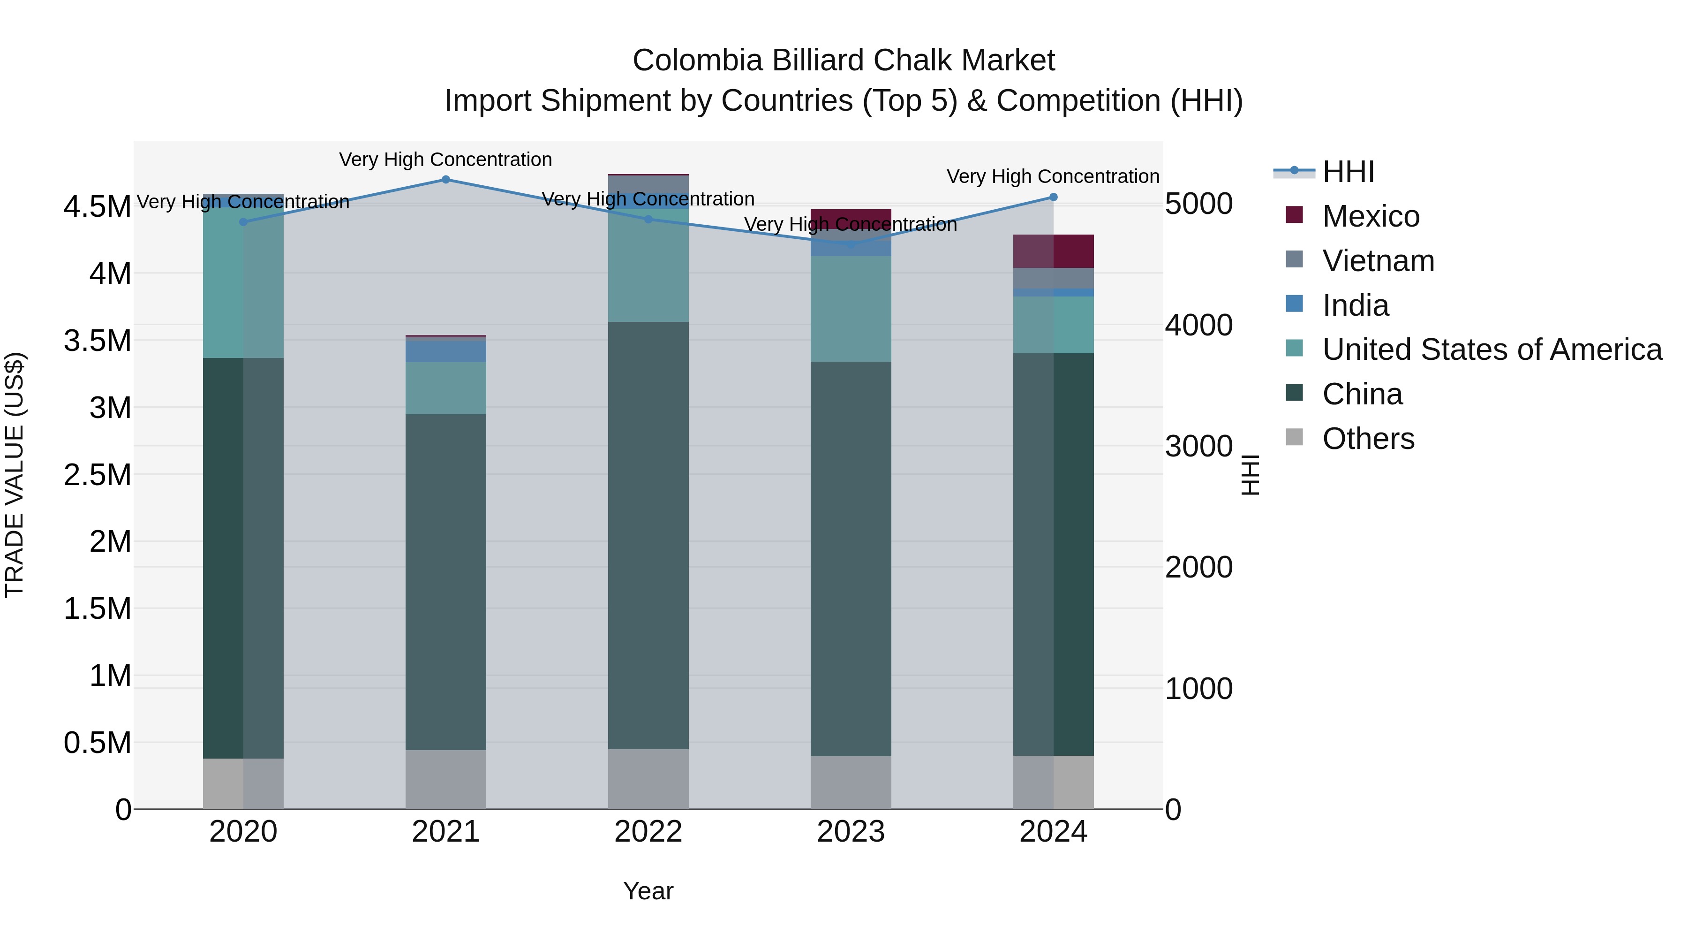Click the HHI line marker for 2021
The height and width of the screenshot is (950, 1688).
445,180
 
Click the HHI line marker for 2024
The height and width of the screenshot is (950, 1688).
1053,198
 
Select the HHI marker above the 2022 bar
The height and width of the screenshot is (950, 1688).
648,220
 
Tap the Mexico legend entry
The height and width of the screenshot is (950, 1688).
1370,216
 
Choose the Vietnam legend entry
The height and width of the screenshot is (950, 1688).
1378,261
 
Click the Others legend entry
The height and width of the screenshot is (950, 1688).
1368,439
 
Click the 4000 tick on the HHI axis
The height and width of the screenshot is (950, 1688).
1198,325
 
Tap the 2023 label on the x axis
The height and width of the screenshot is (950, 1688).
851,832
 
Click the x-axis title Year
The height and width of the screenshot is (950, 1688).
648,891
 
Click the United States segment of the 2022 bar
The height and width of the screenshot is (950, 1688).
648,266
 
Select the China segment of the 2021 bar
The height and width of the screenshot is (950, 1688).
445,582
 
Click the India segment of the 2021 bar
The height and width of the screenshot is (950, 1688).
445,351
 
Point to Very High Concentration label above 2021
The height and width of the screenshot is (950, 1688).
445,160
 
